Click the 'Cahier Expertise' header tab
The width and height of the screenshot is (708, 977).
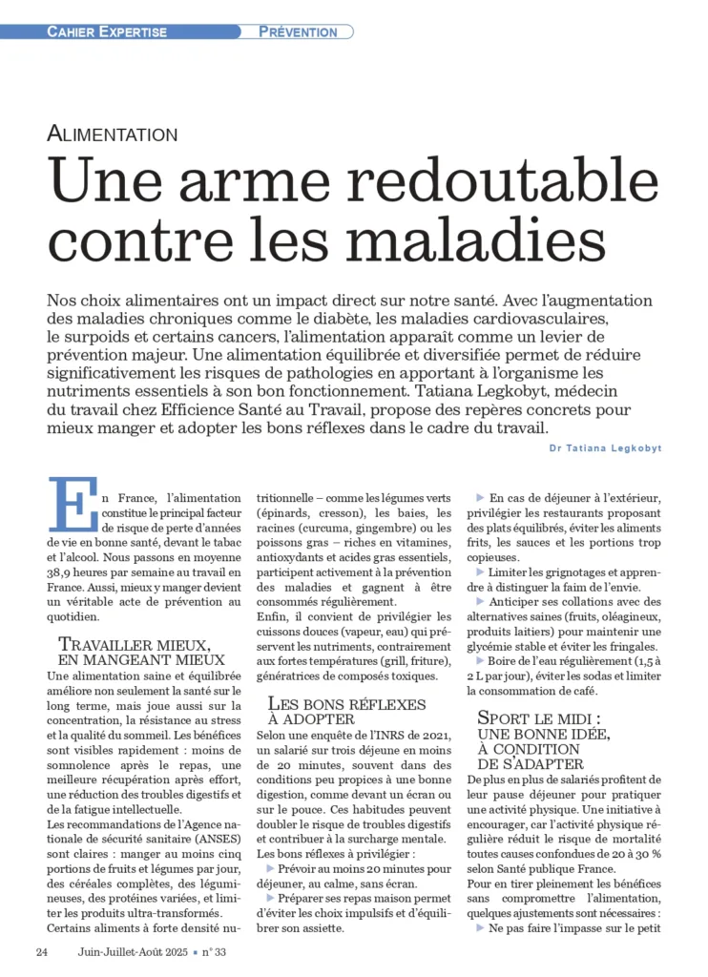tap(107, 31)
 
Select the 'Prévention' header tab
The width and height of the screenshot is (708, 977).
tap(298, 31)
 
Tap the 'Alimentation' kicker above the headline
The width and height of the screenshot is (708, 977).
tap(113, 135)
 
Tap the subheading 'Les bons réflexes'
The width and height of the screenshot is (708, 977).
tap(346, 704)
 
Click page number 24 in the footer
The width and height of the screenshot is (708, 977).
tap(42, 951)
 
